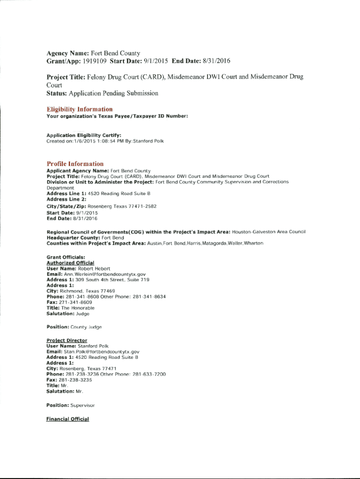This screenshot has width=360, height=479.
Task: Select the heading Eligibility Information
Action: (x=79, y=109)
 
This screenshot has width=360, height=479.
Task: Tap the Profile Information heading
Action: (x=75, y=164)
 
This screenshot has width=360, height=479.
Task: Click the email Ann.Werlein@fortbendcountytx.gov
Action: (x=102, y=274)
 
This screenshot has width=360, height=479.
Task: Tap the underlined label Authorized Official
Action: (x=70, y=263)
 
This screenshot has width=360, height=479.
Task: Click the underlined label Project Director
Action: (x=67, y=340)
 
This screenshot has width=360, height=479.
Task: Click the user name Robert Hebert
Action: (x=94, y=269)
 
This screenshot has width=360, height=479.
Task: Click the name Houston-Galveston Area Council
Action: (x=268, y=232)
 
